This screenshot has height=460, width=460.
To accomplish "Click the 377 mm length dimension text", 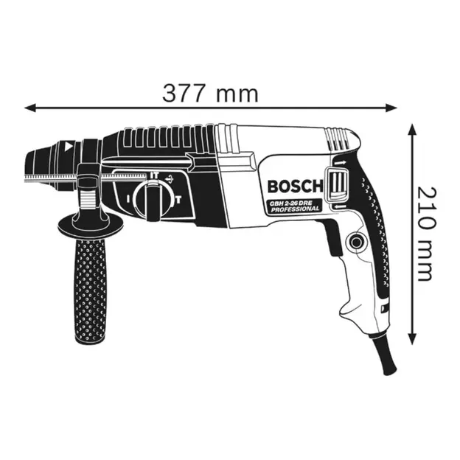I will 211,94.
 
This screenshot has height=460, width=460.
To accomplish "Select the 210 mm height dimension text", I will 424,233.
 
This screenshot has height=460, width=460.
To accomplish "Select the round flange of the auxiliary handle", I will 88,220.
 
